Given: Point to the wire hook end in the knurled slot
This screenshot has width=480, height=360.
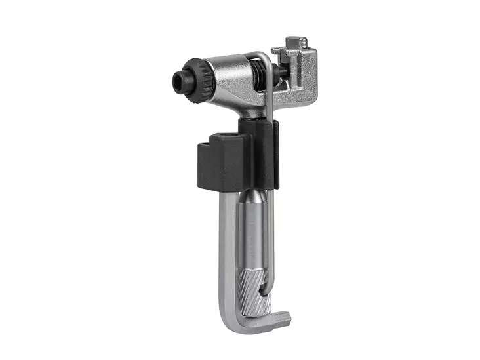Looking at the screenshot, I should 265,289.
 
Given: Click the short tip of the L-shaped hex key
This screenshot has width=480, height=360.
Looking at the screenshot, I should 282,319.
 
